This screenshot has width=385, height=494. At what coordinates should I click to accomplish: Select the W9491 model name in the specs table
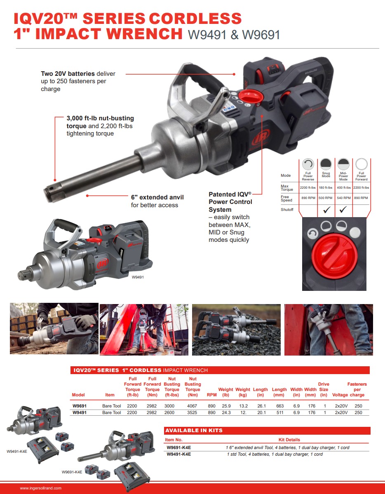tap(80, 412)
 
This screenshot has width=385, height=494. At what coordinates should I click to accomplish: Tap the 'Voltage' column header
tap(340, 395)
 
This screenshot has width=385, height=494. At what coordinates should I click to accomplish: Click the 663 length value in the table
tap(279, 406)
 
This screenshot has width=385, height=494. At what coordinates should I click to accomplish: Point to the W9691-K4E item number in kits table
tap(179, 447)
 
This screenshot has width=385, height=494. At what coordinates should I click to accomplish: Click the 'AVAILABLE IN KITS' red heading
tap(194, 431)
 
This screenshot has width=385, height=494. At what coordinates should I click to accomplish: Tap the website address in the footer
tap(41, 488)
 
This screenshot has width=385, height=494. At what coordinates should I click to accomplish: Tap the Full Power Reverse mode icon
tap(308, 164)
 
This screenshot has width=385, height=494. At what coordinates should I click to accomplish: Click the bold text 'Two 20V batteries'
tap(68, 74)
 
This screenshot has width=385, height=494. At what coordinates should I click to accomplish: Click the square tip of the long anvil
tap(52, 191)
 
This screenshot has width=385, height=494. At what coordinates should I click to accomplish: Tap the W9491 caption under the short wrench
tap(138, 278)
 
